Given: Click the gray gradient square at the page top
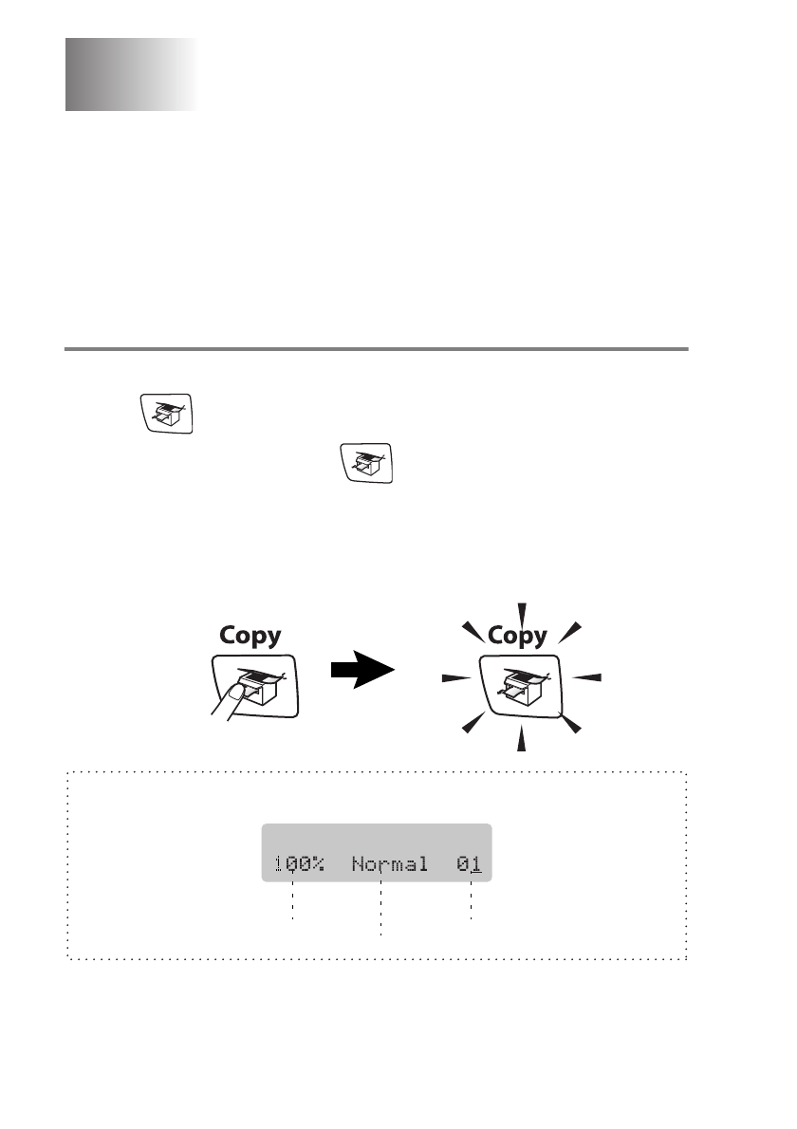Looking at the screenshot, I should pyautogui.click(x=130, y=75).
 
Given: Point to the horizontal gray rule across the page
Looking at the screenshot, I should pyautogui.click(x=376, y=349).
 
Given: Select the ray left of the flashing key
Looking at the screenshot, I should pyautogui.click(x=456, y=678).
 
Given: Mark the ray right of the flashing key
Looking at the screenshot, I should pyautogui.click(x=588, y=677).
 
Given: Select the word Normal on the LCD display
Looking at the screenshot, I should pyautogui.click(x=389, y=865).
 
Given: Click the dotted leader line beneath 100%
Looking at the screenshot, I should pyautogui.click(x=293, y=900).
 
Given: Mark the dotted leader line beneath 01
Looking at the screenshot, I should pyautogui.click(x=471, y=900).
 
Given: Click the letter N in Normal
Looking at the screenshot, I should pyautogui.click(x=358, y=865).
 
